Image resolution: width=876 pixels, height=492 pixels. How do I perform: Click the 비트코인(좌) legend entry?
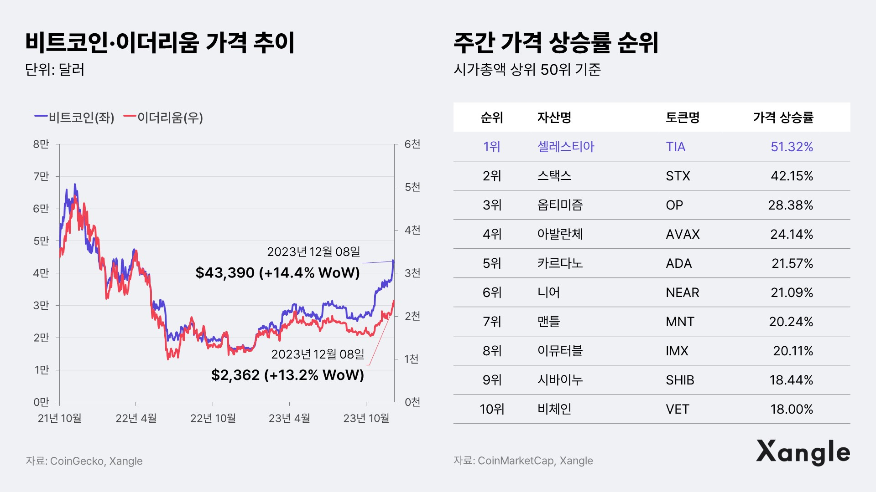pos(75,118)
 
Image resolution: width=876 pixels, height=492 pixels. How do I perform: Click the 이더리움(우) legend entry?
pos(163,118)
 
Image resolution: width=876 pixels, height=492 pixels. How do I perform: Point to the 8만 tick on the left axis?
pos(41,144)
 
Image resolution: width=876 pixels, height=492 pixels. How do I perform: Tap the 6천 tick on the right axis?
pos(412,144)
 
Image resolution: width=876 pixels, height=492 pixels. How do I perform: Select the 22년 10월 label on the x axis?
pos(213,418)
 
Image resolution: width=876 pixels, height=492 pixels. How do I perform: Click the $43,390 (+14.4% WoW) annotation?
pos(277,272)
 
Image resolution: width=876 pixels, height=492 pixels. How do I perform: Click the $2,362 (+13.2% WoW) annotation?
pos(287,375)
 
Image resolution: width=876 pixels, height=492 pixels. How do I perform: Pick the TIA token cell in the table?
pos(675,147)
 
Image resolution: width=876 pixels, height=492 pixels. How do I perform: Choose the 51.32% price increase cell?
pos(792,147)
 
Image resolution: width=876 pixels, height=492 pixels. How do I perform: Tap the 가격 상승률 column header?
pos(783,118)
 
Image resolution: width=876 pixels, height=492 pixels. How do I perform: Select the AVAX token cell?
pos(683,234)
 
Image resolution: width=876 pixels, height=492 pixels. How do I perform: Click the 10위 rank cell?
pos(492,409)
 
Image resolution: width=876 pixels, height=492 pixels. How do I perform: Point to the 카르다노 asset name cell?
pos(560,263)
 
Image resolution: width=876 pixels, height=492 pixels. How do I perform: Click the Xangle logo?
pos(803,452)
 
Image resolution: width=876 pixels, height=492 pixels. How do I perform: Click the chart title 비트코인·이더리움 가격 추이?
pos(160,43)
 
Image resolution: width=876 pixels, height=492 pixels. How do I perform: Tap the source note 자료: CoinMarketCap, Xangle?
pos(523,461)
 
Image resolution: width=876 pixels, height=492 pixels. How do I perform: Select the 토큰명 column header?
pos(683,118)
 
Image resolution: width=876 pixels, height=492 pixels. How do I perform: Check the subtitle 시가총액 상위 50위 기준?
pos(527,70)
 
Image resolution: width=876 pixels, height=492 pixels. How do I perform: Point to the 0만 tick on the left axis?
pos(41,402)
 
